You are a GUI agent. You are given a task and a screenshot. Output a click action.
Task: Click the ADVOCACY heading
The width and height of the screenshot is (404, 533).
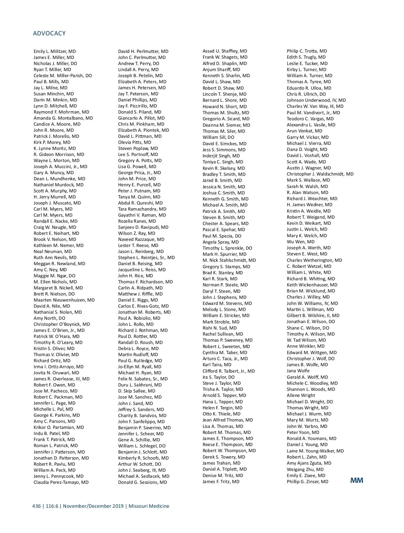coord(49,33)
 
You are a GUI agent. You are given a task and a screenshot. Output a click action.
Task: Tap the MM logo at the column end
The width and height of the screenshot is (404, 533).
coord(357,480)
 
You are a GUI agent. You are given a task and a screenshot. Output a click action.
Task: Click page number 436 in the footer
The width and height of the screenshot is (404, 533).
coord(36,506)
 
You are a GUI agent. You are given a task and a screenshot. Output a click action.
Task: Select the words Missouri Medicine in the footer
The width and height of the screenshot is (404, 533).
coord(149,506)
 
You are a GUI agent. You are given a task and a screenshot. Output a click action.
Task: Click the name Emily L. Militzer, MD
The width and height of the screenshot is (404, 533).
coord(55,52)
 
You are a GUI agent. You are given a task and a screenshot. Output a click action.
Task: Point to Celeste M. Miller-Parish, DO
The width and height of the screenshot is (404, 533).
coord(63,76)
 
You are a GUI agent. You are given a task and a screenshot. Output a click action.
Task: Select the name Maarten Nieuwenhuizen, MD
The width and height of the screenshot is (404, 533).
coord(64,300)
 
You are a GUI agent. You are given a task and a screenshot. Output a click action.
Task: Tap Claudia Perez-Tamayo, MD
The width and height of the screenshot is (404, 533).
coord(61,482)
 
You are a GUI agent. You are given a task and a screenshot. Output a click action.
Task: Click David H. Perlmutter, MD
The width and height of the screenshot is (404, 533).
coord(143,52)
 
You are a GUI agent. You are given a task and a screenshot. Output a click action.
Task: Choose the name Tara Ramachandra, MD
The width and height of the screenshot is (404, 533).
coord(142,209)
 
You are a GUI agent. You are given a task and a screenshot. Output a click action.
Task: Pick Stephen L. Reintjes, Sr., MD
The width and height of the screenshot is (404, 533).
coord(146,258)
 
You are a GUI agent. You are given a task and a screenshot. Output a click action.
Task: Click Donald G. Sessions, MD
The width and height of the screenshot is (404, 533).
coord(142,482)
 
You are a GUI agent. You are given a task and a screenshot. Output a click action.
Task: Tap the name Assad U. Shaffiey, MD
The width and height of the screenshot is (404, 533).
coord(225,51)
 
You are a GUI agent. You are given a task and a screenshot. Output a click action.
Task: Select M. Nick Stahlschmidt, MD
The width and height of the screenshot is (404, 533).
coord(229,260)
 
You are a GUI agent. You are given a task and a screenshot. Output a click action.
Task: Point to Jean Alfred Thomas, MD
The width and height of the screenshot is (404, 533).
coord(228,420)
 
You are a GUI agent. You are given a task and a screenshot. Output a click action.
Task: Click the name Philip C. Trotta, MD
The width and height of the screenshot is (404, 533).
coord(307,51)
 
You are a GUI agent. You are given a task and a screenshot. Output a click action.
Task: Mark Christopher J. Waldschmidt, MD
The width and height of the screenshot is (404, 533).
coord(320,174)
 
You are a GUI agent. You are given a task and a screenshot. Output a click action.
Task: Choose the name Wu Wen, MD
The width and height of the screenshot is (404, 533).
coord(300,242)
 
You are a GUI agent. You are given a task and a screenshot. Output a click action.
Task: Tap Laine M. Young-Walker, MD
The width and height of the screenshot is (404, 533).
coord(315,451)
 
